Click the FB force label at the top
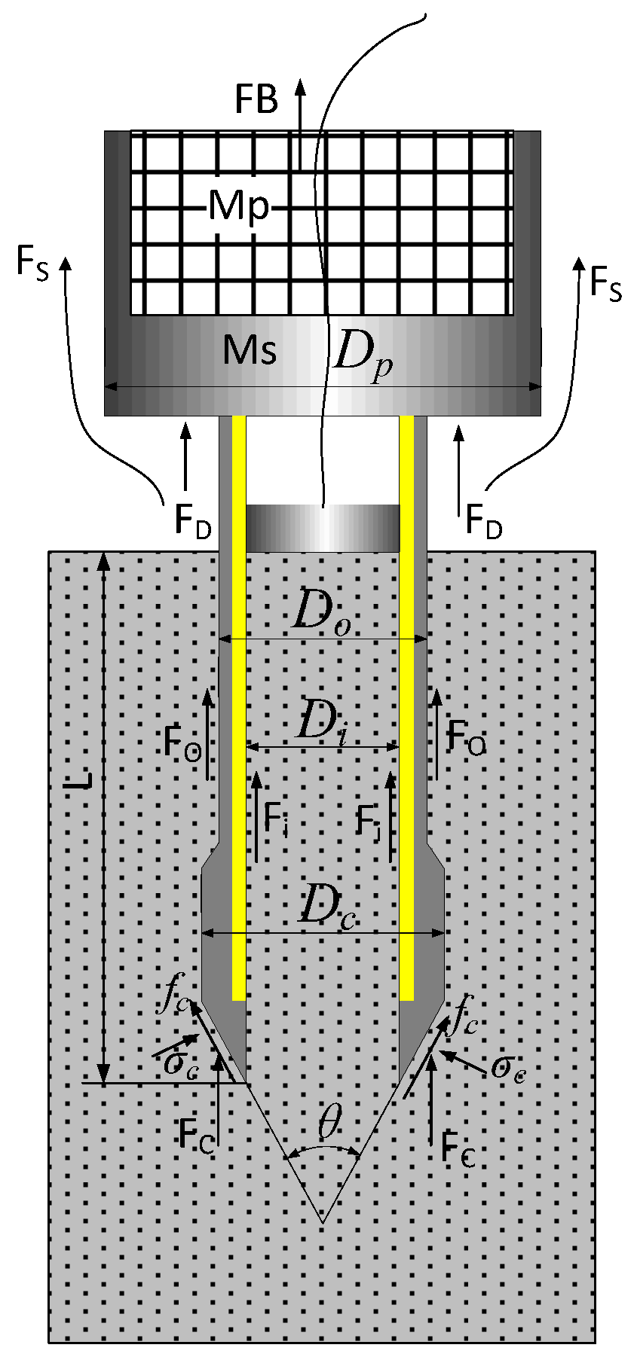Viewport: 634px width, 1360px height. tap(257, 99)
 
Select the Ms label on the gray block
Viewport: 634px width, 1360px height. tap(250, 350)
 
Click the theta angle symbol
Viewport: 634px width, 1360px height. tap(329, 1123)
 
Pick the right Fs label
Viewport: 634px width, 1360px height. tap(605, 284)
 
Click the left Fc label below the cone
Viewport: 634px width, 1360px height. tap(197, 1134)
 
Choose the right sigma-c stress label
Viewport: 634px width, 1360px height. tap(507, 1068)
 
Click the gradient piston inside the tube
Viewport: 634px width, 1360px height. tap(323, 528)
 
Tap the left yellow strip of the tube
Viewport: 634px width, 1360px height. tap(239, 708)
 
